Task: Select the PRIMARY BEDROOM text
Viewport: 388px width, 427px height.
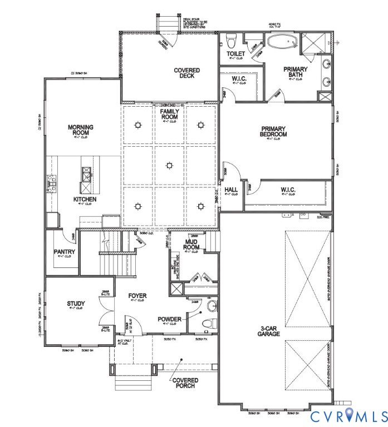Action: (x=274, y=131)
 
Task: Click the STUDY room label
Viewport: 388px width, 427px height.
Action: (x=76, y=304)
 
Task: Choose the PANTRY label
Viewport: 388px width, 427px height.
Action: (x=64, y=251)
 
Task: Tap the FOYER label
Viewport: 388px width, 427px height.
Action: (x=137, y=296)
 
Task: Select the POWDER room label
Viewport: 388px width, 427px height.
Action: (x=169, y=319)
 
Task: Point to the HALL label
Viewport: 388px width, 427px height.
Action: (x=231, y=190)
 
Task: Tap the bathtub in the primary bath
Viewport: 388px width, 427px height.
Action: (x=283, y=42)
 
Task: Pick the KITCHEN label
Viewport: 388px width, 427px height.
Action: (x=85, y=199)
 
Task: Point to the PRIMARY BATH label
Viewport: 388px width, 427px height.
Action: (x=295, y=73)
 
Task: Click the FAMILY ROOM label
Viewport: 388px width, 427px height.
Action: (x=169, y=114)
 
